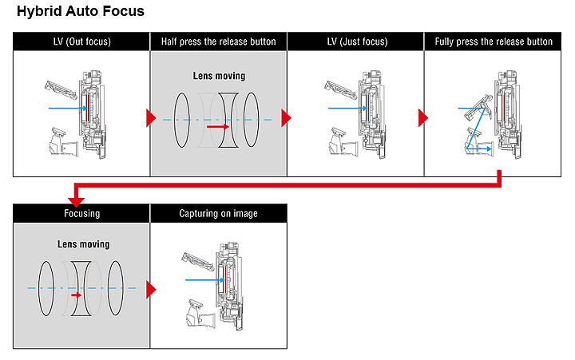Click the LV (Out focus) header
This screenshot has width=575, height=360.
[x=81, y=42]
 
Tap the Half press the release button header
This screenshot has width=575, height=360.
[x=218, y=42]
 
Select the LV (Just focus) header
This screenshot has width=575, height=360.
[x=355, y=42]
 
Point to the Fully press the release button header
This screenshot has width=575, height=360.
[x=493, y=42]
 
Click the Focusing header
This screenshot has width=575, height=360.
[x=81, y=213]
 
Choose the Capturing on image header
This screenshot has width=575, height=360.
[x=218, y=213]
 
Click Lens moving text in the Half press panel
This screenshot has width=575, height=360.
[x=219, y=76]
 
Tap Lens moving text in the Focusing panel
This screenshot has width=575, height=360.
[x=83, y=243]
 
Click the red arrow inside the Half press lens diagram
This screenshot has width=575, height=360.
[x=217, y=126]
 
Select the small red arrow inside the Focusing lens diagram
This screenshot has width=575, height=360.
[x=77, y=295]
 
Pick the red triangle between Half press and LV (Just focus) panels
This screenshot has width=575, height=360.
[x=287, y=118]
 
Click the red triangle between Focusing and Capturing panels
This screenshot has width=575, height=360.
[x=150, y=289]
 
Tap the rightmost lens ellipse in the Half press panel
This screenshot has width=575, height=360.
[x=252, y=120]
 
